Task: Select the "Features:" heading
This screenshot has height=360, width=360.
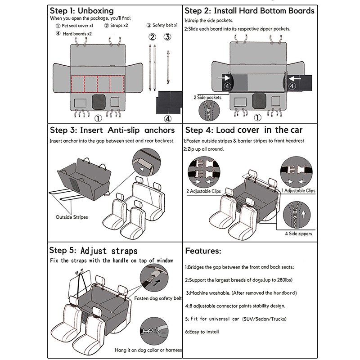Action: (203, 251)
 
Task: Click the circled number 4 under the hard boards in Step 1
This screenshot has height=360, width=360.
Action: (168, 119)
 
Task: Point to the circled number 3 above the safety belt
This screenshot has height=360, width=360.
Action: (167, 37)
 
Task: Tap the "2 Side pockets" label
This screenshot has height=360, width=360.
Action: (207, 97)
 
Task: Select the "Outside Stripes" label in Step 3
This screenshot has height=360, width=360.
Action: (72, 217)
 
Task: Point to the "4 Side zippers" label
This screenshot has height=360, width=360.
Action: (298, 234)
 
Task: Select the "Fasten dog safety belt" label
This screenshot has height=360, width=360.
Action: (158, 298)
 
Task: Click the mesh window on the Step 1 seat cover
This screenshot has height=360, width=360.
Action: (98, 101)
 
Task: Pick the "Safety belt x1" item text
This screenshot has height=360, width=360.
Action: (162, 26)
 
